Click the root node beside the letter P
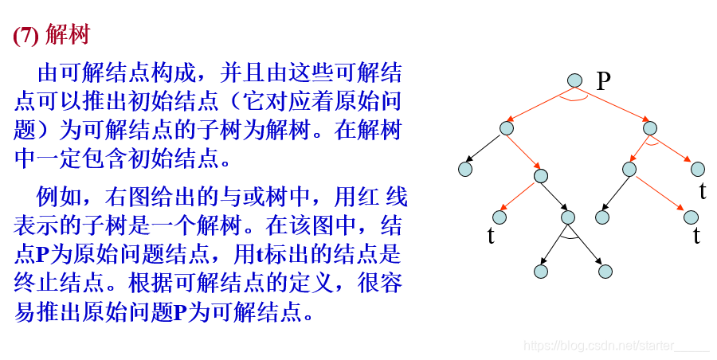click(576, 80)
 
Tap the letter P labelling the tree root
click(603, 80)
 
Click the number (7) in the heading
click(25, 36)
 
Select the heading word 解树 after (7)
click(68, 36)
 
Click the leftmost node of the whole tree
click(465, 168)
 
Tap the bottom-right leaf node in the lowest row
click(605, 271)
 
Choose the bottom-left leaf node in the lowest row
click(542, 271)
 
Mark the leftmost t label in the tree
click(491, 236)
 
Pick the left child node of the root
click(507, 127)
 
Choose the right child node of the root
click(649, 127)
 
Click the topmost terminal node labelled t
click(698, 169)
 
